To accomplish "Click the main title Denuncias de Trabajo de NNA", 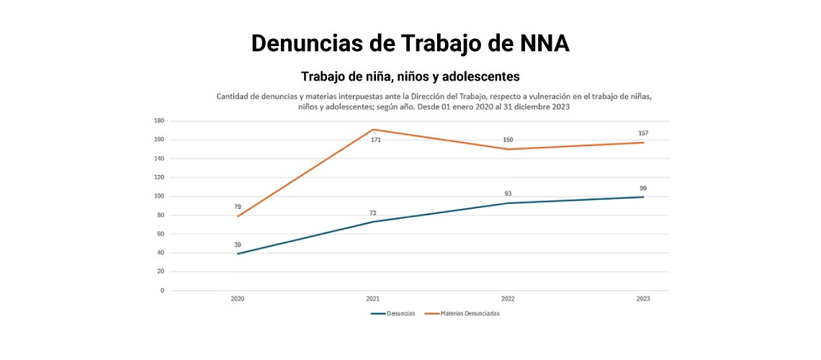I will [410, 43].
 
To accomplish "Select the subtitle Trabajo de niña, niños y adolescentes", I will [410, 76].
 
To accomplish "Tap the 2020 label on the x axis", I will [237, 299].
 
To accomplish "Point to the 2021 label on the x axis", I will [373, 299].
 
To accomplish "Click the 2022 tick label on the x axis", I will [508, 299].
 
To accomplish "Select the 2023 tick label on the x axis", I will [643, 299].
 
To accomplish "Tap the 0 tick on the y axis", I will [162, 291].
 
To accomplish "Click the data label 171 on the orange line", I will [376, 140].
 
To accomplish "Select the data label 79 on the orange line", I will [238, 207].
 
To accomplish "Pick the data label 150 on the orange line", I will [508, 140].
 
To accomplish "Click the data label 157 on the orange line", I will [643, 133].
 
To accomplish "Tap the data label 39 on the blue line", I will [238, 245].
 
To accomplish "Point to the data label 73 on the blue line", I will [373, 212].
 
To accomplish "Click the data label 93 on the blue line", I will [508, 194].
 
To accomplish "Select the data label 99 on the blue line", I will [643, 188].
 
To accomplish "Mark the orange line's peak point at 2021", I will [373, 130].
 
